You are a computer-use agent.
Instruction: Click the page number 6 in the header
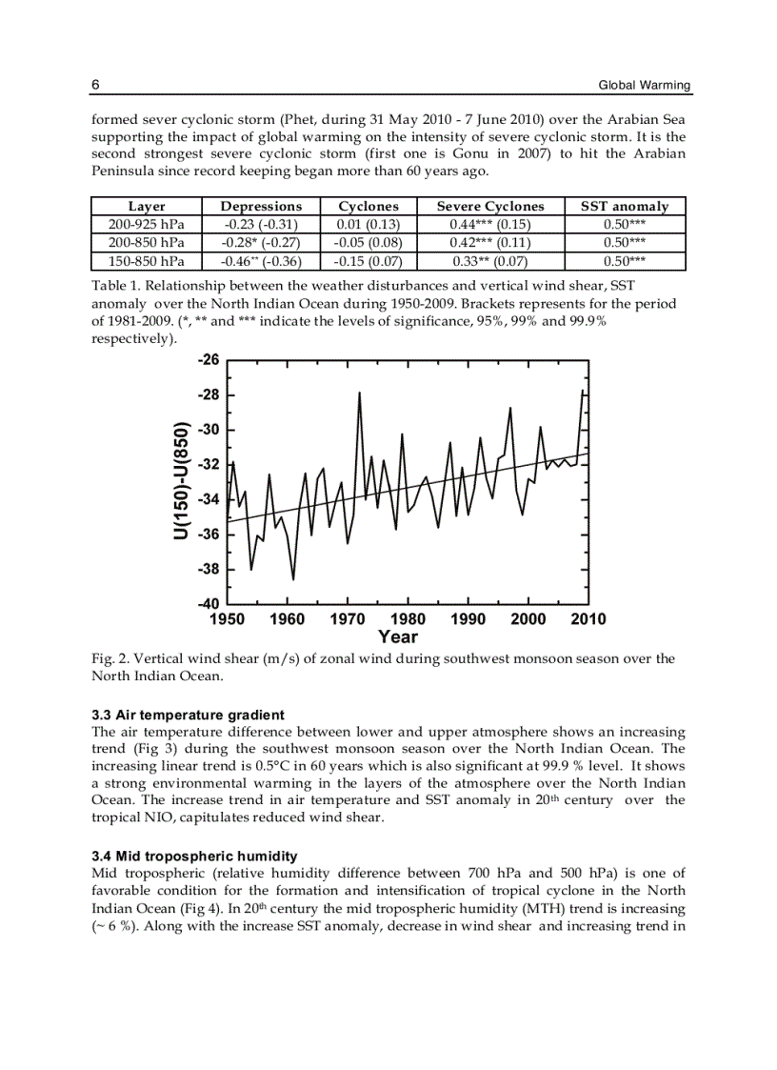click(x=96, y=85)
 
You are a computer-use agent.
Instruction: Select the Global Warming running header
click(x=644, y=86)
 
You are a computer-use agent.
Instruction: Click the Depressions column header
click(x=261, y=207)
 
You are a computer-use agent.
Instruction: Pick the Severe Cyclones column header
click(x=490, y=207)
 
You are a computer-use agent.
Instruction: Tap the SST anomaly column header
click(x=625, y=207)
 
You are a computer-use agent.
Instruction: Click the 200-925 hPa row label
click(x=147, y=225)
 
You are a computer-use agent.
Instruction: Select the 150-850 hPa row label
click(x=147, y=261)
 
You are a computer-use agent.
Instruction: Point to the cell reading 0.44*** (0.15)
click(x=490, y=225)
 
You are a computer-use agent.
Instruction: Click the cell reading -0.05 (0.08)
click(x=369, y=243)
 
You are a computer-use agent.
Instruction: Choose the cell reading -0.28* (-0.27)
click(x=261, y=243)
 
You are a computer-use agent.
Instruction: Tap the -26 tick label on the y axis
click(x=208, y=360)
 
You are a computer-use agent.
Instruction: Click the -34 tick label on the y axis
click(x=208, y=499)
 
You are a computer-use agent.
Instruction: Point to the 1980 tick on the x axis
click(x=408, y=619)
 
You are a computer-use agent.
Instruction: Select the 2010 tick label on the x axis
click(x=588, y=619)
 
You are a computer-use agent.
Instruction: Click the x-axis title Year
click(x=397, y=637)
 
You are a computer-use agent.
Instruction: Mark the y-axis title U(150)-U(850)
click(x=181, y=481)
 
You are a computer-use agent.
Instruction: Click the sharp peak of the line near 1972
click(x=359, y=393)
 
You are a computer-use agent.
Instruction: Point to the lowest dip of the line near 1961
click(x=293, y=578)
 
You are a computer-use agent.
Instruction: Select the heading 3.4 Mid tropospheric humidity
click(x=194, y=856)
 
